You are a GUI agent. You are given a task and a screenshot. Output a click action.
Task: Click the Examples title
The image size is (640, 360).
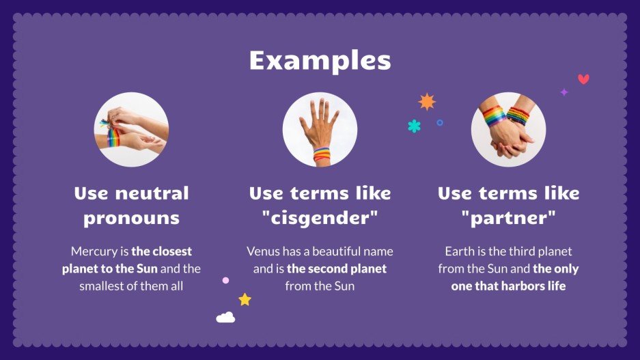[320, 60]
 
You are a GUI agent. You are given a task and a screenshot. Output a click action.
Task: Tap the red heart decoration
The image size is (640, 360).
[583, 79]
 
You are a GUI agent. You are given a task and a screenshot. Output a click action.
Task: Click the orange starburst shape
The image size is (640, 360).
[427, 102]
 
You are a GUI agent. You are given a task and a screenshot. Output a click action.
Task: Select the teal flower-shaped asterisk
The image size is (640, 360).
[414, 126]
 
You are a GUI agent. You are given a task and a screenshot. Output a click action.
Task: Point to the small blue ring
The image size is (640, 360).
[440, 123]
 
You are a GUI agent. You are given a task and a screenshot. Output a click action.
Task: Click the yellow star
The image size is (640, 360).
[245, 299]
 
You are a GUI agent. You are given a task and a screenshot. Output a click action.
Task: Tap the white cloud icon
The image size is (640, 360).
[225, 317]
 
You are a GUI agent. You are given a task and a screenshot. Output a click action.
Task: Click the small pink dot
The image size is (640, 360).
[225, 280]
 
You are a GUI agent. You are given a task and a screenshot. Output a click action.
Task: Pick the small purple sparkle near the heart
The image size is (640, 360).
[564, 92]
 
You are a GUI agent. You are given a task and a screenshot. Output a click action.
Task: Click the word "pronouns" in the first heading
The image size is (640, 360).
[131, 219]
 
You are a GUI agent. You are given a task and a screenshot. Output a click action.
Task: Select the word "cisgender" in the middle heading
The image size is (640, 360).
[320, 219]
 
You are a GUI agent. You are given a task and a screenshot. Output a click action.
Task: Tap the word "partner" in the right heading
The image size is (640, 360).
[508, 219]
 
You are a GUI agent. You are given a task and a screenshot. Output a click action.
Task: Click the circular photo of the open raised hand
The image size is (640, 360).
[320, 130]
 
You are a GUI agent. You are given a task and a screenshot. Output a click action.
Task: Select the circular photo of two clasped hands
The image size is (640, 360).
[508, 130]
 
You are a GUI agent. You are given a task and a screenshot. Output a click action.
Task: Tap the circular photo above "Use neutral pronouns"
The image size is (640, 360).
[131, 130]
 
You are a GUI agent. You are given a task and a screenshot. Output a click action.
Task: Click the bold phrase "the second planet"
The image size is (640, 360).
[337, 268]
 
